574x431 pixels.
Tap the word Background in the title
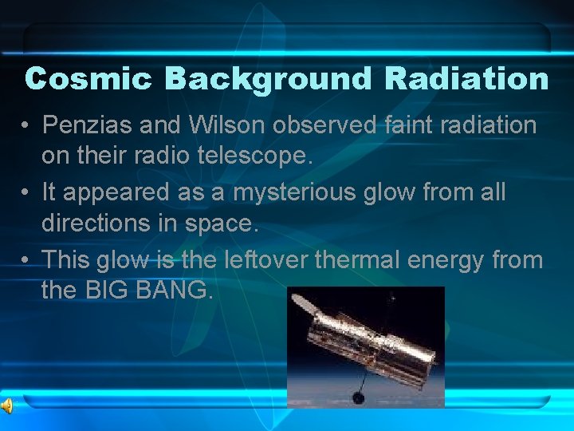[268, 79]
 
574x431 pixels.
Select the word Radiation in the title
[466, 79]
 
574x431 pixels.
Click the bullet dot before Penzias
[27, 126]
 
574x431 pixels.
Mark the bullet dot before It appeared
[27, 193]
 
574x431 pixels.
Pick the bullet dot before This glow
[27, 260]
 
